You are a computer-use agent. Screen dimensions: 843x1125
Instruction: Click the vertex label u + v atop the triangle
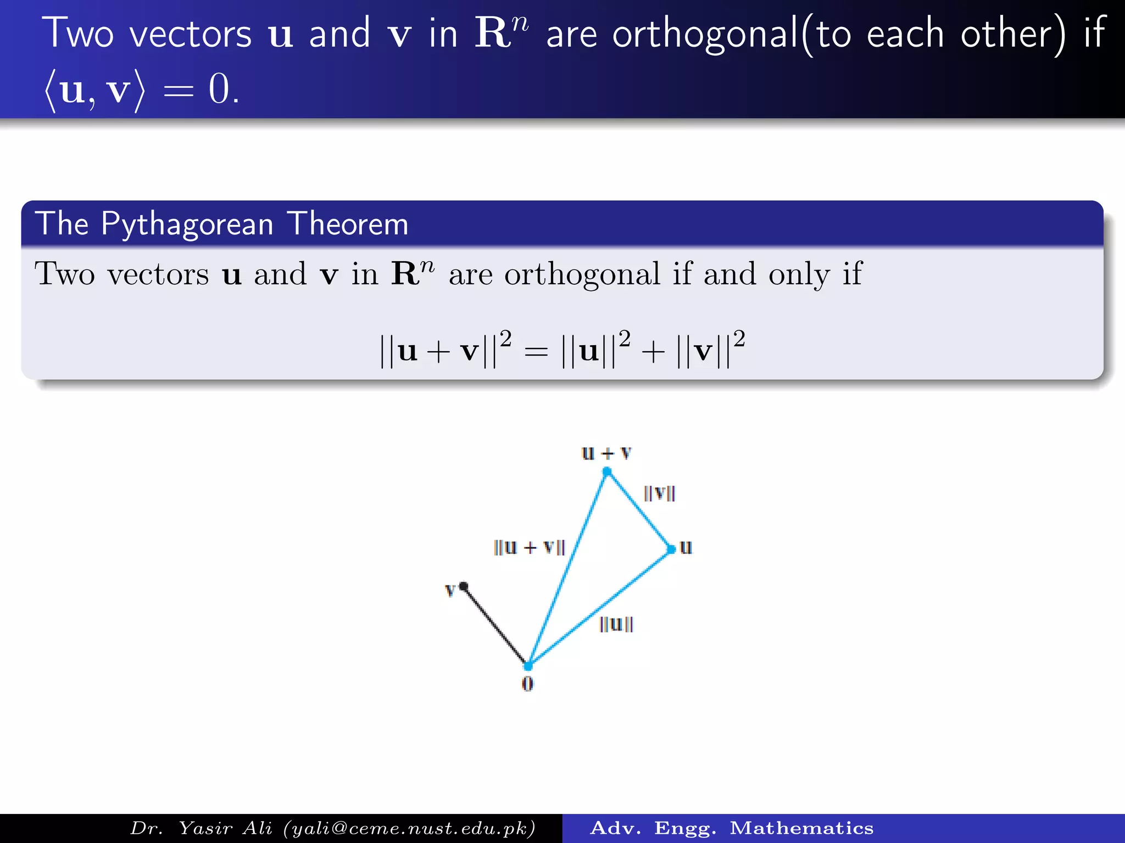[x=606, y=453]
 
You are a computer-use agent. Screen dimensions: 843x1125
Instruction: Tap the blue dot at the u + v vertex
[x=607, y=471]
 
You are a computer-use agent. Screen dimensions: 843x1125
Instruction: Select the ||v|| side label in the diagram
[x=659, y=493]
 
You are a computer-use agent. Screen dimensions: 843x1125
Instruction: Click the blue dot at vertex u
[x=671, y=549]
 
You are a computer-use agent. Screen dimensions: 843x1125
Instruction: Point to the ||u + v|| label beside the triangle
[x=529, y=547]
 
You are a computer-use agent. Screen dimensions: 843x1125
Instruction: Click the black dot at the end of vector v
[x=464, y=587]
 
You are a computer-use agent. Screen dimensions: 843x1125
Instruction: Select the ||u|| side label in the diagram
[x=616, y=624]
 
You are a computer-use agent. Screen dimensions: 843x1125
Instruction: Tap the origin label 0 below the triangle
[x=527, y=684]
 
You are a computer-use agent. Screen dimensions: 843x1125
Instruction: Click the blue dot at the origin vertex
[x=528, y=666]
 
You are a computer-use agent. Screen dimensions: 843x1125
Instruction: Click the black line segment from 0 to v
[x=494, y=626]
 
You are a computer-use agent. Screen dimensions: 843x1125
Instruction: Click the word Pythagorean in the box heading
[x=187, y=224]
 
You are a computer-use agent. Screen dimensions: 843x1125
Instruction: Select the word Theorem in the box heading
[x=348, y=224]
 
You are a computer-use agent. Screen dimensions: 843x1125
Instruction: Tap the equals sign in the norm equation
[x=536, y=351]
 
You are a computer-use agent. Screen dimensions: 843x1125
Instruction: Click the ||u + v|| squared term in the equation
[x=445, y=350]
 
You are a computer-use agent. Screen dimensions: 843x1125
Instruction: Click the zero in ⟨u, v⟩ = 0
[x=220, y=89]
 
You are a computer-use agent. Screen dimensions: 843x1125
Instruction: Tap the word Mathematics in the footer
[x=801, y=828]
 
